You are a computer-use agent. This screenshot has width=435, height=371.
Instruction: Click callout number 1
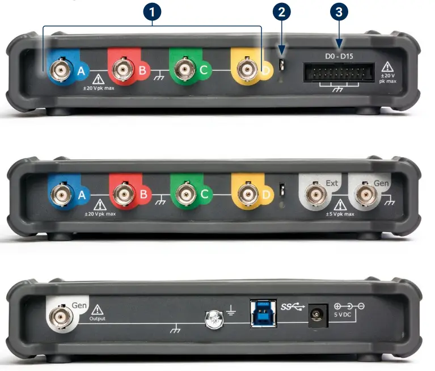click(x=152, y=12)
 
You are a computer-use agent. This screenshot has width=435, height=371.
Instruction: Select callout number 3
click(x=339, y=12)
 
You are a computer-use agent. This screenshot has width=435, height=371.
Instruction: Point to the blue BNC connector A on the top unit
click(x=58, y=71)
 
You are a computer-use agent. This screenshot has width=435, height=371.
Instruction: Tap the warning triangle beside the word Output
click(x=97, y=309)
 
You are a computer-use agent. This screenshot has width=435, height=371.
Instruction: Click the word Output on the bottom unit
click(x=98, y=319)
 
